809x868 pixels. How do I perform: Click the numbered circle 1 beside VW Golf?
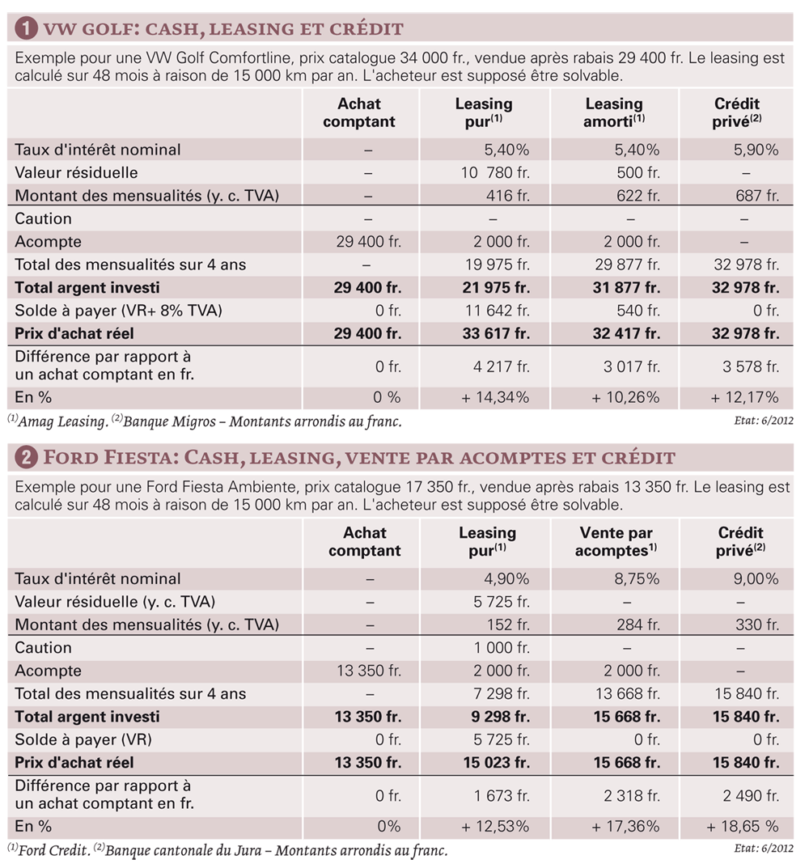[x=26, y=28]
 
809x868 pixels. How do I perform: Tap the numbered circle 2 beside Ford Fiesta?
[x=26, y=458]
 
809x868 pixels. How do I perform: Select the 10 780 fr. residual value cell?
[x=495, y=173]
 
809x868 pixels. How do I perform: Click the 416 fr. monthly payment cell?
[x=508, y=196]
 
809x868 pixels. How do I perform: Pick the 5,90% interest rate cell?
[x=756, y=150]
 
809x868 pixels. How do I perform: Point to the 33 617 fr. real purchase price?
[x=496, y=333]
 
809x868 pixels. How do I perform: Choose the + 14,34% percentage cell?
[x=495, y=397]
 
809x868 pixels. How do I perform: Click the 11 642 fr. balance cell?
[x=497, y=311]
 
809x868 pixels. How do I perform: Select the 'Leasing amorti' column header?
[x=614, y=112]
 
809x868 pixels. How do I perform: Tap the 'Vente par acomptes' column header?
[x=616, y=541]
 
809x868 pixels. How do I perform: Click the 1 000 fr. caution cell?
[x=501, y=648]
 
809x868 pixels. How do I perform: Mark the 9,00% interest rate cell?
[x=756, y=579]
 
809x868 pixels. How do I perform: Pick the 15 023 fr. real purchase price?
[x=496, y=763]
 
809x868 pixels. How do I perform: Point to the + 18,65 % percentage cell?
[x=743, y=827]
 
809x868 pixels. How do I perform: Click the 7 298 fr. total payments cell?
[x=501, y=693]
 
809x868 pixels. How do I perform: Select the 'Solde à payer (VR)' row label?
[x=83, y=739]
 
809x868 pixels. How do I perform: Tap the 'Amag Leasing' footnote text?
[x=62, y=421]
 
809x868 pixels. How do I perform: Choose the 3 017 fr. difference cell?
[x=632, y=366]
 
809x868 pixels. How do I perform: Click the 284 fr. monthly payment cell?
[x=638, y=625]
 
